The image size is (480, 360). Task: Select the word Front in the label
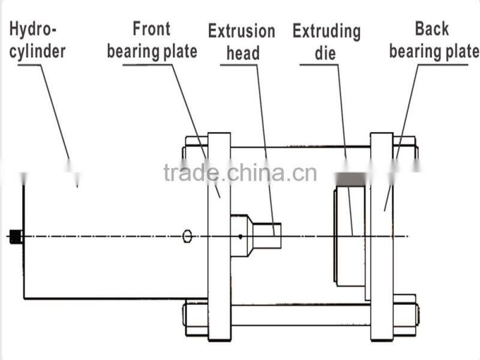click(x=151, y=28)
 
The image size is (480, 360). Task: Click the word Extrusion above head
click(x=241, y=31)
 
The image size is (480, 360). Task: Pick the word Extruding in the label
click(x=326, y=31)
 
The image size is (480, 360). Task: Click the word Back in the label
click(x=431, y=28)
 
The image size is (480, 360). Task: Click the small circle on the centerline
click(x=187, y=236)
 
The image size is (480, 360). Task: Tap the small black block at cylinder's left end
click(x=16, y=237)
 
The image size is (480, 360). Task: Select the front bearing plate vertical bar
click(x=219, y=270)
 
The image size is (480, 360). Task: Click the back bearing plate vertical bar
click(x=382, y=270)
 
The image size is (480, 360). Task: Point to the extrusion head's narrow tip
click(x=267, y=235)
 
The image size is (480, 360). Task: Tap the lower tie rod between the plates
click(x=300, y=315)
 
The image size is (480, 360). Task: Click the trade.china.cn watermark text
click(x=240, y=172)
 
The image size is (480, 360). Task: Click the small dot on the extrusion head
click(x=241, y=236)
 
